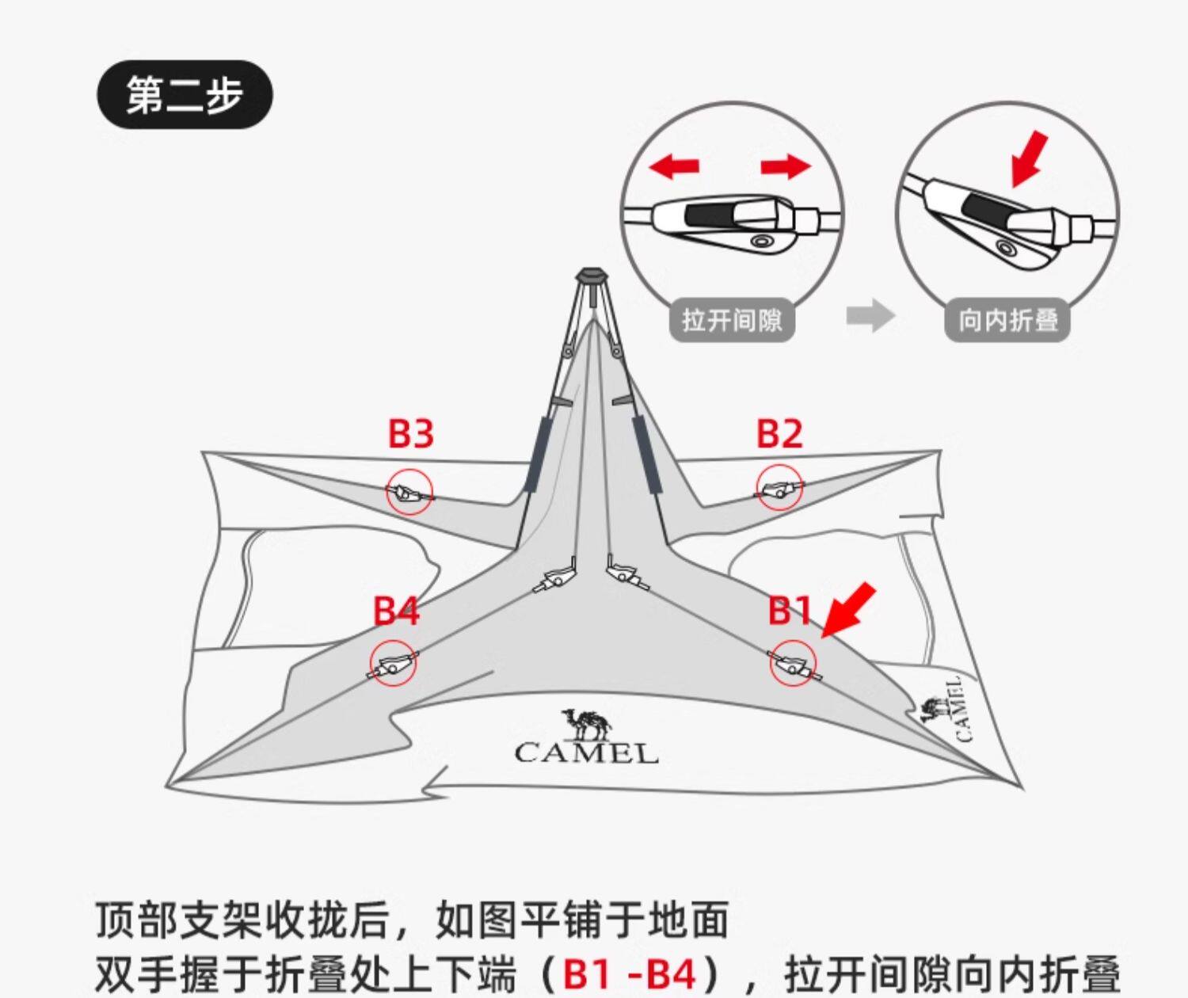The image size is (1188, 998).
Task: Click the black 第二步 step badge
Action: coord(185,95)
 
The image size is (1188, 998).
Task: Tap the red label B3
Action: coord(411,434)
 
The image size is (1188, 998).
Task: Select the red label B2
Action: coord(779,434)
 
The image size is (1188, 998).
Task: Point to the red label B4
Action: coord(396,611)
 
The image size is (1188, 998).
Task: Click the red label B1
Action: coord(790,611)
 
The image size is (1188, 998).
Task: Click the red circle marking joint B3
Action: coord(409,493)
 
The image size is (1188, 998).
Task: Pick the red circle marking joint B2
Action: coord(779,487)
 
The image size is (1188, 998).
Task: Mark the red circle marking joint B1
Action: coord(793,664)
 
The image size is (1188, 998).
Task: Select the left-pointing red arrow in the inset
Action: coord(674,166)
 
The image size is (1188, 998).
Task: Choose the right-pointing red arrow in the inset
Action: coord(786,166)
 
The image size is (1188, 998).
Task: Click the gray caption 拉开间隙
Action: coord(732,320)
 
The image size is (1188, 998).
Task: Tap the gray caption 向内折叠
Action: coord(1007,320)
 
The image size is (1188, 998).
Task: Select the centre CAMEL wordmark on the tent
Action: coord(586,752)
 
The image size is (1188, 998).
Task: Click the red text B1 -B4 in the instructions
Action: coord(630,974)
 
